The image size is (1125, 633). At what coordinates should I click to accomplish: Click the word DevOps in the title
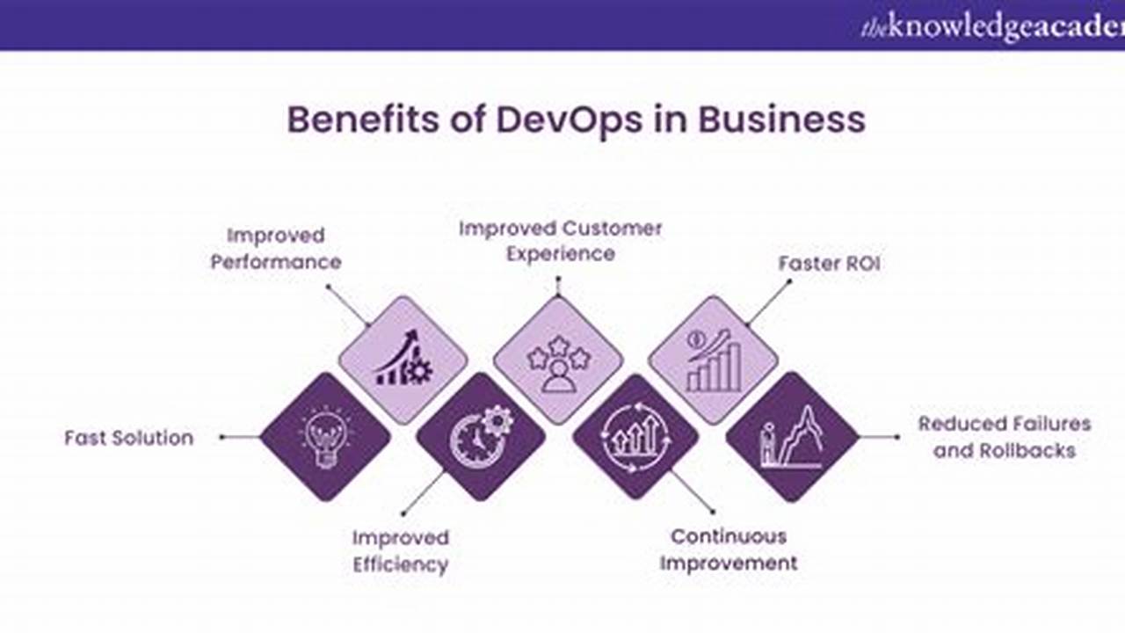click(569, 120)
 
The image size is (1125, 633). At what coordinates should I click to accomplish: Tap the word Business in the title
click(781, 120)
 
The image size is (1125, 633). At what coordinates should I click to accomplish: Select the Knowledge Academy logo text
click(993, 27)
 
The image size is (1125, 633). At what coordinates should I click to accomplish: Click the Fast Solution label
click(129, 438)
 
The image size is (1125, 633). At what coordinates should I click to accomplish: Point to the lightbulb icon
click(326, 437)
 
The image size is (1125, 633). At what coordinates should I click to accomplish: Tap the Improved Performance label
click(276, 249)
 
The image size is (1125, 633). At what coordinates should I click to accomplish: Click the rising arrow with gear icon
click(403, 358)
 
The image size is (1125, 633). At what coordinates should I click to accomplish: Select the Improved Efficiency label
click(400, 551)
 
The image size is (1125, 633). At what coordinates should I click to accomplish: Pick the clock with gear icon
click(481, 436)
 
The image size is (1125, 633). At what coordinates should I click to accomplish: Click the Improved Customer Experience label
click(561, 241)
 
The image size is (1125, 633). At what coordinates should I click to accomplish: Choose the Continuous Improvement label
click(729, 549)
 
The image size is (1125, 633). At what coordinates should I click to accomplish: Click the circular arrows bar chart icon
click(635, 437)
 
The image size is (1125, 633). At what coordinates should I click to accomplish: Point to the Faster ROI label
click(829, 264)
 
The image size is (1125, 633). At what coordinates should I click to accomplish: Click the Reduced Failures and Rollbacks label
click(1005, 437)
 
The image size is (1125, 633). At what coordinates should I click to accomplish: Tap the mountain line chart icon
click(792, 437)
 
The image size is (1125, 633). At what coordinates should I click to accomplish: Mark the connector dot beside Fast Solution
click(222, 437)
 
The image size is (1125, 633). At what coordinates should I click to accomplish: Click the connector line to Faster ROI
click(768, 303)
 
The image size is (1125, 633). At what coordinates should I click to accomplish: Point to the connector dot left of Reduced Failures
click(897, 437)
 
